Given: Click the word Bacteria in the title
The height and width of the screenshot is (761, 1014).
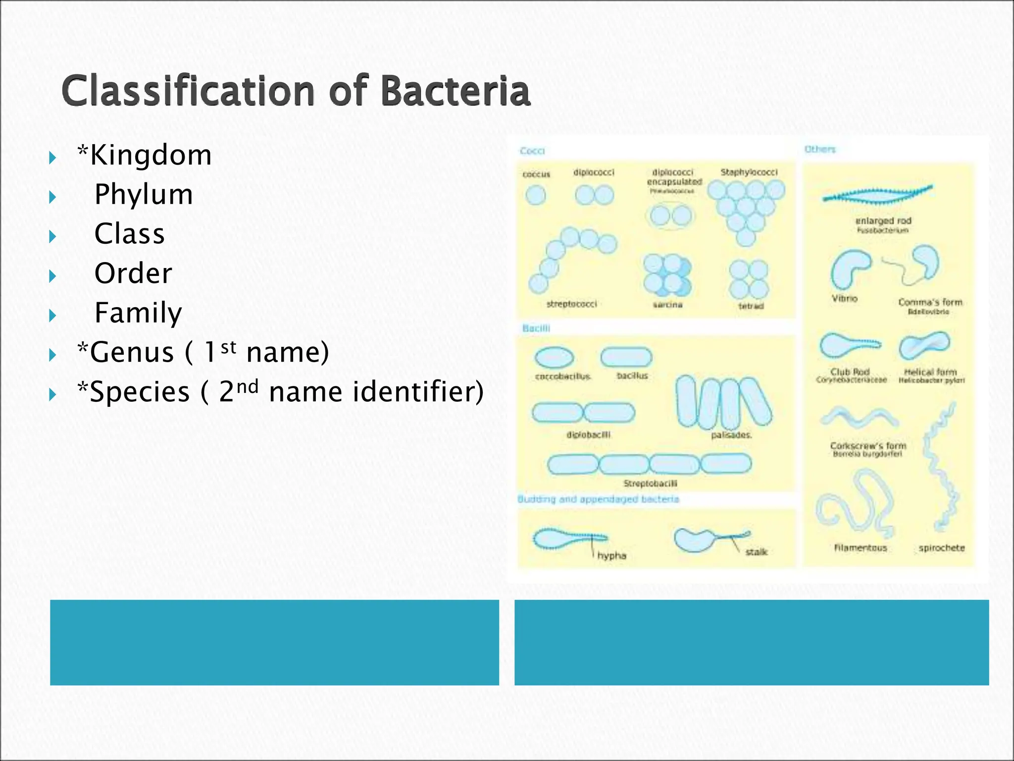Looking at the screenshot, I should tap(456, 92).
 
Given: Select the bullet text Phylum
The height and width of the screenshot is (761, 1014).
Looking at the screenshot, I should tap(144, 194).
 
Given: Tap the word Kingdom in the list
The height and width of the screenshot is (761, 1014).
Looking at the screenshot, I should tap(151, 155).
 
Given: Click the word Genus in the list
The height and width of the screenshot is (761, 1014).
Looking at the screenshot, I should tap(131, 352).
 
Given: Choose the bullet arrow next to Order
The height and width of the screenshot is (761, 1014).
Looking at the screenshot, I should tap(53, 276).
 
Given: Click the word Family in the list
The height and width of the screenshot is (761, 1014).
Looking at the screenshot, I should tap(138, 313).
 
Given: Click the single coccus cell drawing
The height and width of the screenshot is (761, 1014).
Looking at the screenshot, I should tap(535, 195).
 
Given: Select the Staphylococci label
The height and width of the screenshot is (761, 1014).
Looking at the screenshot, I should tap(749, 172).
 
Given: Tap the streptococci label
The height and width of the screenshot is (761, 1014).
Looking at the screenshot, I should tap(571, 304).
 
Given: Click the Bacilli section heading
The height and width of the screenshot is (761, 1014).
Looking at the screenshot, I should tap(536, 328).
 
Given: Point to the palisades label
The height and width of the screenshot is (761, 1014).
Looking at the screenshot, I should tap(731, 435).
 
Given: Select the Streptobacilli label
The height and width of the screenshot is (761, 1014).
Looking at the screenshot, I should tap(650, 483).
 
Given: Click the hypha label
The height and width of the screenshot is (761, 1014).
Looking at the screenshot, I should tap(611, 556).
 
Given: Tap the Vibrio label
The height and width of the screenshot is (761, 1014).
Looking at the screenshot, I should tap(844, 298).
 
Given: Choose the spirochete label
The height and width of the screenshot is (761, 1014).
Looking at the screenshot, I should tap(941, 548).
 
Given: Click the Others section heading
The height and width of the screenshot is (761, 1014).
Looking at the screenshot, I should tap(819, 149).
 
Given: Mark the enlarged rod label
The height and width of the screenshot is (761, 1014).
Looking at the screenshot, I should tap(883, 221).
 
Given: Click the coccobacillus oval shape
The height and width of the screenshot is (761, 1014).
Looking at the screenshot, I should tap(554, 357).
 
